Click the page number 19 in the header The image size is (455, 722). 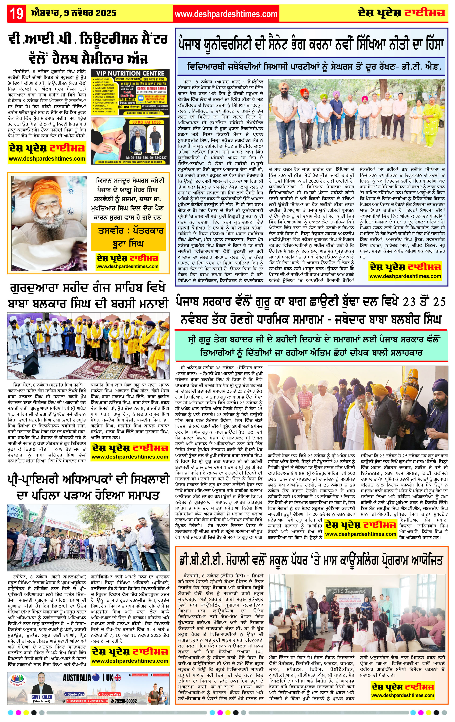(17, 14)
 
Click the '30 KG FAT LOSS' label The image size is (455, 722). (146, 122)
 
